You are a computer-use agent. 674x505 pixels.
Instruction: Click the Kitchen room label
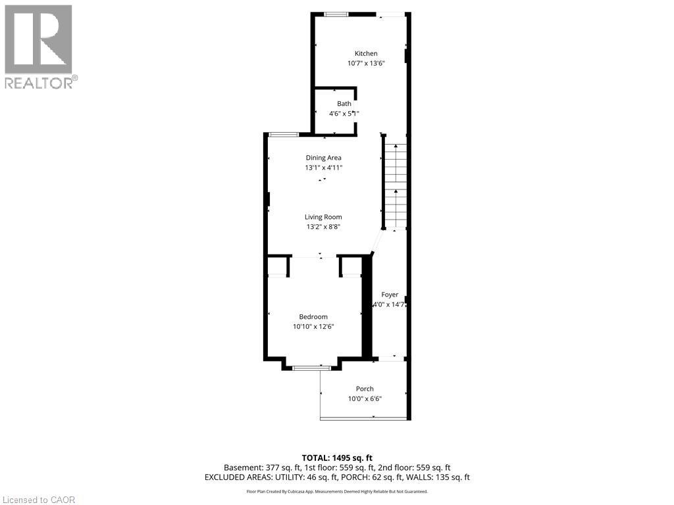tap(366, 53)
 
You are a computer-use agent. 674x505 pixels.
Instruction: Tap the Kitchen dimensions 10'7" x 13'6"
tap(366, 64)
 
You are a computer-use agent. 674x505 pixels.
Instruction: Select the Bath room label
tap(344, 103)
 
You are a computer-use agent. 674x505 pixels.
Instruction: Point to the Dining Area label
tap(323, 157)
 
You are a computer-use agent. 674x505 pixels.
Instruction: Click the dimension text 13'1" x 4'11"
tap(323, 168)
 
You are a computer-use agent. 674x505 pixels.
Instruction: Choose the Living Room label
tap(323, 217)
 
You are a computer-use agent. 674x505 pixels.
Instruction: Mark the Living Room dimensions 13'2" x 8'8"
tap(323, 227)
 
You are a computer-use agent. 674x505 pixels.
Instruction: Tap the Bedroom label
tap(313, 316)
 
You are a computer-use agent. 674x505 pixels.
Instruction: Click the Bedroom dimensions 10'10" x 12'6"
tap(314, 327)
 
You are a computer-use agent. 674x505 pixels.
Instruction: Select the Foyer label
tap(390, 295)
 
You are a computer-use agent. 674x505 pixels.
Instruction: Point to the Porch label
tap(365, 389)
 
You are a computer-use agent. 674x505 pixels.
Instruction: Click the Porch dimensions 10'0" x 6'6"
tap(365, 399)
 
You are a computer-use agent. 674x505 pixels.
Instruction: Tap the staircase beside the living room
tap(396, 187)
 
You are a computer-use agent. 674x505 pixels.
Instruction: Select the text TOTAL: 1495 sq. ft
tap(337, 458)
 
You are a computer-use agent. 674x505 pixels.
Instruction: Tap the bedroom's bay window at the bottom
tap(312, 368)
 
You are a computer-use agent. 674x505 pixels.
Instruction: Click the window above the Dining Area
tap(283, 134)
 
